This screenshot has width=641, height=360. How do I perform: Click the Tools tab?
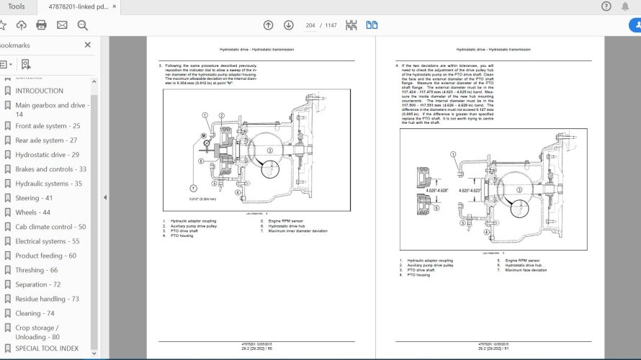16,6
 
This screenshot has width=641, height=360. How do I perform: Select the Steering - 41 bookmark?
33,198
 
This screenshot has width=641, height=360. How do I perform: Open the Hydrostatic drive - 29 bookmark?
47,155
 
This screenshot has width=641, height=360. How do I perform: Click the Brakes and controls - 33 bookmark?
50,169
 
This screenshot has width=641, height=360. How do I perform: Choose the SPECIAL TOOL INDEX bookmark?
47,348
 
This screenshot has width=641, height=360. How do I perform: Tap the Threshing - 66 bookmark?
36,270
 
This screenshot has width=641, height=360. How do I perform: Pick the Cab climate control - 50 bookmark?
50,227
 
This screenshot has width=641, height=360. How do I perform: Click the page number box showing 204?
310,25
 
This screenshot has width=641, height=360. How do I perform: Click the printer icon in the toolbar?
41,25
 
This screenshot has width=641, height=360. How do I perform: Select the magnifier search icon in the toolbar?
82,25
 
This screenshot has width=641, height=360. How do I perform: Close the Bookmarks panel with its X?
88,45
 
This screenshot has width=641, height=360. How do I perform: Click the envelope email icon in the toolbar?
62,25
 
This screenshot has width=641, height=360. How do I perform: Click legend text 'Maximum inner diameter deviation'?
297,231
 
